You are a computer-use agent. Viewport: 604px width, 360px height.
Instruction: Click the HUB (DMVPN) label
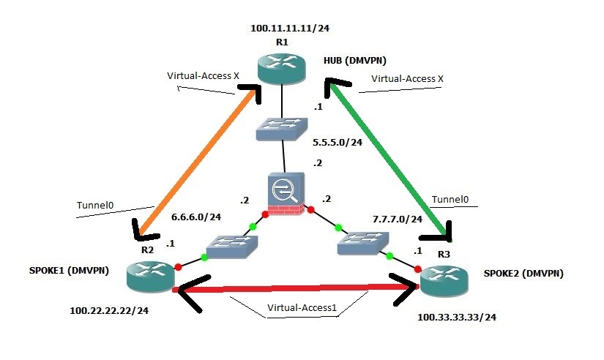pyautogui.click(x=355, y=61)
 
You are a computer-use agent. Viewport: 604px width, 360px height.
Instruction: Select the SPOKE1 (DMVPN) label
pyautogui.click(x=59, y=271)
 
